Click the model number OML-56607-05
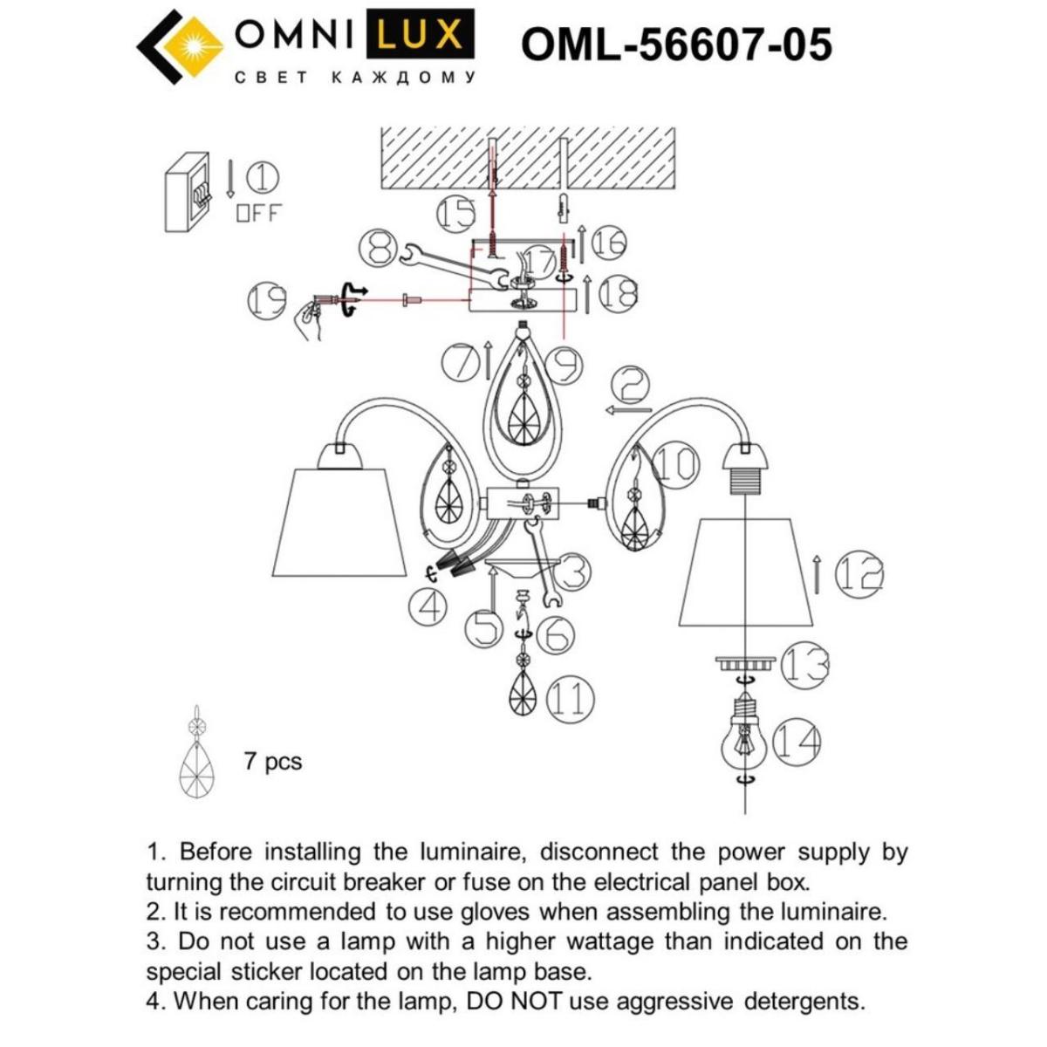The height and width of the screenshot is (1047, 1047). tap(676, 44)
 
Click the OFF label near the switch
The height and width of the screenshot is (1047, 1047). tap(258, 213)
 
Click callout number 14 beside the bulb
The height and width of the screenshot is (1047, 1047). tap(796, 742)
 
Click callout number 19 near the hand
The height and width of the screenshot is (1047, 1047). tap(267, 301)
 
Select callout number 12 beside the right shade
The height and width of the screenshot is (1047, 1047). tap(859, 574)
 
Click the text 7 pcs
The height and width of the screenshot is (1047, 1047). tap(273, 761)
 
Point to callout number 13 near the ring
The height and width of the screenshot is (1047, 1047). tap(804, 665)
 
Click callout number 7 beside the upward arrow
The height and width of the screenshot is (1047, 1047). tap(461, 362)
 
